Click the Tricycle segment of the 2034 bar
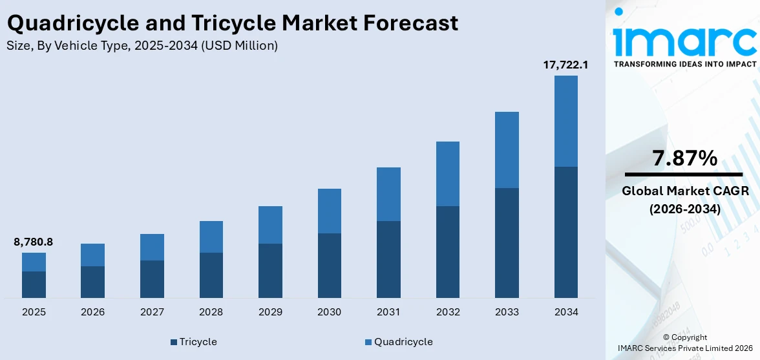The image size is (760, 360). click(565, 232)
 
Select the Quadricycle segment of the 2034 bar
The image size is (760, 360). click(565, 121)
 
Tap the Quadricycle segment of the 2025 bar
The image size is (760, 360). click(34, 262)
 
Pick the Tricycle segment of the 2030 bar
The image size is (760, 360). click(329, 265)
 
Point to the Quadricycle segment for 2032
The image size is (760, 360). click(447, 173)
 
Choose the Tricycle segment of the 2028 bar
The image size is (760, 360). click(211, 275)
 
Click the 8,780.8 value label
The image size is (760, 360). click(33, 242)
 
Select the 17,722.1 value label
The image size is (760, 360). click(565, 65)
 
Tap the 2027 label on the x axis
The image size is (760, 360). click(152, 312)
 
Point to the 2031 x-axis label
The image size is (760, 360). click(388, 312)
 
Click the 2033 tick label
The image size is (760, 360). click(507, 312)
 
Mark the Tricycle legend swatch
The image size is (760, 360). click(174, 342)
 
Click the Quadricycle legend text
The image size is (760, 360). click(403, 341)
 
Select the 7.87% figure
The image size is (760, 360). click(684, 158)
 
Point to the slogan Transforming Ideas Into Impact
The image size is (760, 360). click(684, 64)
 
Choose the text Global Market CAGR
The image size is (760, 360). click(684, 191)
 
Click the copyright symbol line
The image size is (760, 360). click(684, 337)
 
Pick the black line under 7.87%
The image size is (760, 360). click(684, 175)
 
